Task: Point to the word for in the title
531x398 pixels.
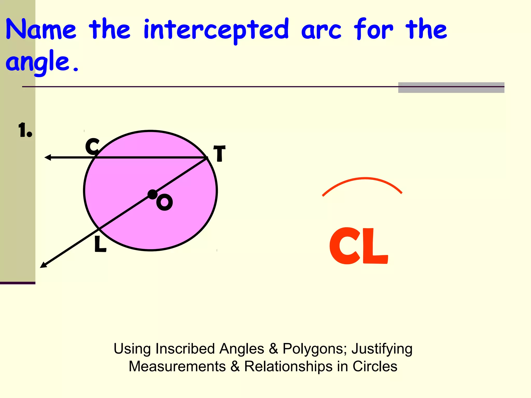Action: (x=373, y=29)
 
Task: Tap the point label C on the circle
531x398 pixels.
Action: (x=92, y=146)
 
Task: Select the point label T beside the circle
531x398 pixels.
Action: (x=219, y=153)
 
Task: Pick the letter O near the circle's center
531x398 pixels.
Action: (x=164, y=202)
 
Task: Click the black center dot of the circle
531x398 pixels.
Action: (x=152, y=194)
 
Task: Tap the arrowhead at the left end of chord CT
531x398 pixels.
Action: (x=48, y=157)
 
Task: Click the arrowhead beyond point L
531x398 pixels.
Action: (x=43, y=265)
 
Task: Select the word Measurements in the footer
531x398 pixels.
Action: (x=177, y=366)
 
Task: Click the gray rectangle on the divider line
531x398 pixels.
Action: (x=451, y=88)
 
